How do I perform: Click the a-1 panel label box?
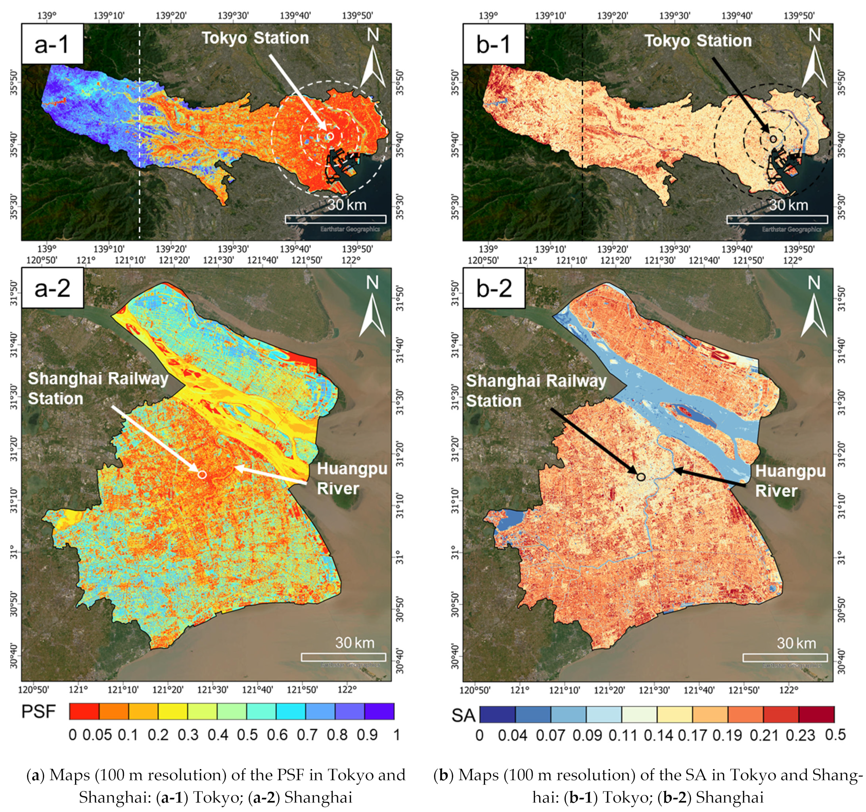52,44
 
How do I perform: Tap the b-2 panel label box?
494,288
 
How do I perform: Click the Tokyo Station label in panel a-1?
255,38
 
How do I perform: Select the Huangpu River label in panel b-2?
790,481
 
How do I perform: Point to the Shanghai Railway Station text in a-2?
98,388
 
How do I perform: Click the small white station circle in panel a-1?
330,136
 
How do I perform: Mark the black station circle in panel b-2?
641,477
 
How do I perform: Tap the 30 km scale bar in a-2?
343,657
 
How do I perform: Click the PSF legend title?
39,712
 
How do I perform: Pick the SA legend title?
463,715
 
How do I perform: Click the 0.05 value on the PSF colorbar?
97,735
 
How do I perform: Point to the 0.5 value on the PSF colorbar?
247,735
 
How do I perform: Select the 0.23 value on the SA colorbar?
800,735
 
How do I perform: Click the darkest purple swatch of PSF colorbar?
379,711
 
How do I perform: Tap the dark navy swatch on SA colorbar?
498,714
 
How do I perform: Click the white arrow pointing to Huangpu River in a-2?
270,475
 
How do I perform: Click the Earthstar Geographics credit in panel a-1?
350,229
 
